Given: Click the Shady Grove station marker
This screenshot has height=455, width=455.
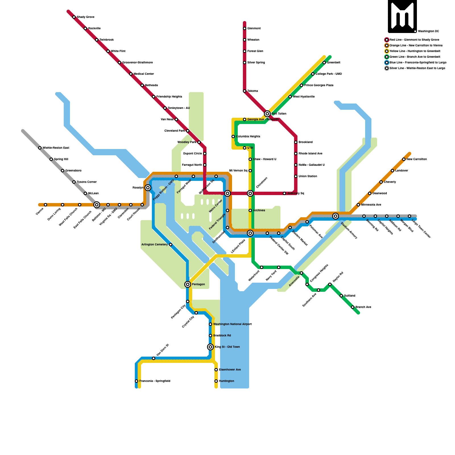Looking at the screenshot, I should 74,17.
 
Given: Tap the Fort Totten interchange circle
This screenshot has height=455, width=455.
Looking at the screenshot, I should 267,114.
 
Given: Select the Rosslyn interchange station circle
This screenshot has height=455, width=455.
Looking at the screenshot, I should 148,188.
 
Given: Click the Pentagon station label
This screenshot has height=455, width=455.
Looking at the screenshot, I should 198,284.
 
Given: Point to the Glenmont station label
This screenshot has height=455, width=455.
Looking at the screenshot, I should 254,28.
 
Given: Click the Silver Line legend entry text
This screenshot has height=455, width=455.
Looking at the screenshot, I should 417,68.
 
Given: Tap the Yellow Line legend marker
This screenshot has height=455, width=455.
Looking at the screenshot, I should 387,51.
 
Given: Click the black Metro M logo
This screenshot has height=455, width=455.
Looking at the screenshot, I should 402,16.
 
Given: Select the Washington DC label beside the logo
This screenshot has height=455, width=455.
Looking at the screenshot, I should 428,31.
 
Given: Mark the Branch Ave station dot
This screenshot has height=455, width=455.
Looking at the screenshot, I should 353,307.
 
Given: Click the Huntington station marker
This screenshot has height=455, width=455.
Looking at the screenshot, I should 216,381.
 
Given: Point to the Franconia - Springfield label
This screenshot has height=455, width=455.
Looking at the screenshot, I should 155,381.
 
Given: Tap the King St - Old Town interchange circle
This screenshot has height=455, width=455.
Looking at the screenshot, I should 210,347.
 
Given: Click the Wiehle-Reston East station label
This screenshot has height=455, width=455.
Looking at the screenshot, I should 56,148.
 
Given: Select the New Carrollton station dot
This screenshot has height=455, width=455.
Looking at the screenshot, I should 404,159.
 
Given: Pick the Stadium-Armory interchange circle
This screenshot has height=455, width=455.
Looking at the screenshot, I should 336,216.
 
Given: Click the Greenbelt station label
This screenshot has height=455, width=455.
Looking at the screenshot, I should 334,63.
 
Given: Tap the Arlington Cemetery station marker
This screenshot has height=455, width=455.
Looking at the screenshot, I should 171,245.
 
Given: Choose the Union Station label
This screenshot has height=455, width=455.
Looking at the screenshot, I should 308,176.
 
